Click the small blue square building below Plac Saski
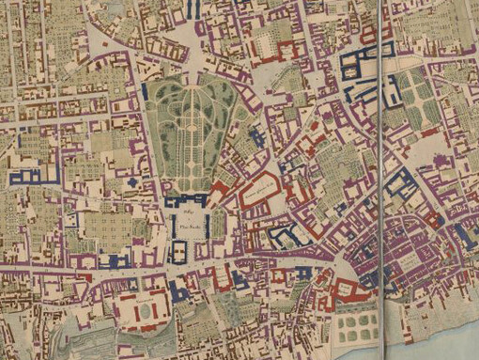pyautogui.click(x=180, y=251)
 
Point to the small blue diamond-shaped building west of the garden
pyautogui.click(x=133, y=181)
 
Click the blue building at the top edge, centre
pyautogui.click(x=195, y=9)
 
